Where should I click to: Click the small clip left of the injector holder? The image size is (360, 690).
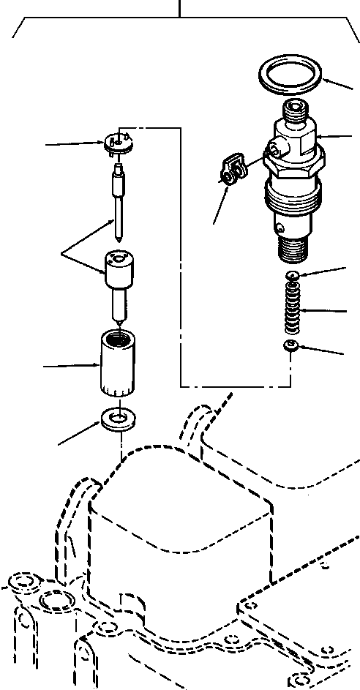click(x=233, y=168)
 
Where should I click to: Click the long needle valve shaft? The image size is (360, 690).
click(x=119, y=205)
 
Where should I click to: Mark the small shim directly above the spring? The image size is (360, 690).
click(x=292, y=275)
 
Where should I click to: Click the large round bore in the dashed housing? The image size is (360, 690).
click(x=56, y=602)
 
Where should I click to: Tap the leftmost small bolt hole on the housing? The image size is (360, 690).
click(x=17, y=583)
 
